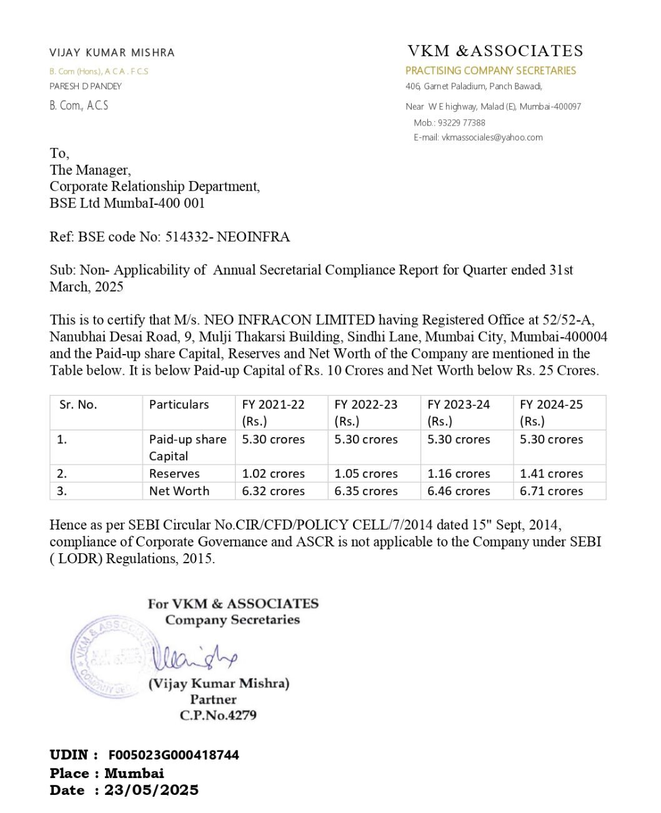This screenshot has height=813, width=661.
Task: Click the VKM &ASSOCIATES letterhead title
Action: point(495,51)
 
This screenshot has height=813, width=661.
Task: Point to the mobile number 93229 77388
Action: point(461,123)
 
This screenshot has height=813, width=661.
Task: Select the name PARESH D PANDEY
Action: point(86,86)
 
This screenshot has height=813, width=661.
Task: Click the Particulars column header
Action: point(179,405)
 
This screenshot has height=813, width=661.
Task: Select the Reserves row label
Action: point(174,474)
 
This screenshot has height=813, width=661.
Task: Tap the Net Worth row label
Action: point(179,491)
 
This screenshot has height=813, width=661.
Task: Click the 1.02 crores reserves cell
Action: point(273,474)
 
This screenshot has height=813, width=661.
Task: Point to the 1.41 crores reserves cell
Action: point(551,474)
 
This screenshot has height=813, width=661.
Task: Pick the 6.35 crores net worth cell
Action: point(365,491)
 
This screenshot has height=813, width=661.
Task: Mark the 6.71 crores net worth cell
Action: point(551,491)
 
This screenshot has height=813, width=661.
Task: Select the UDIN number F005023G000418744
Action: point(174,755)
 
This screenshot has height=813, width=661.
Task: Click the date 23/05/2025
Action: point(151,791)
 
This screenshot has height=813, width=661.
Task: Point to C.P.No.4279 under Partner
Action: point(218,716)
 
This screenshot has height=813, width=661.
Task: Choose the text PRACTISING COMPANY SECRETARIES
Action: point(490,71)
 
